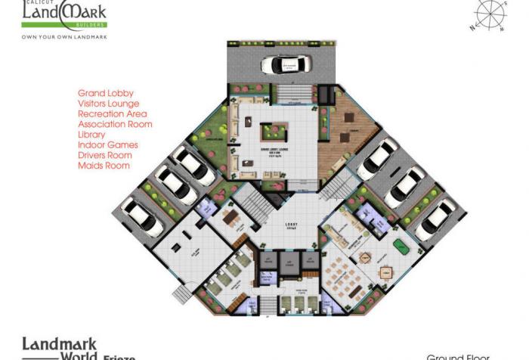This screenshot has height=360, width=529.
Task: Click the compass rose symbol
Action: tap(490, 15)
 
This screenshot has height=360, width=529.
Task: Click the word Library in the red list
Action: tap(91, 135)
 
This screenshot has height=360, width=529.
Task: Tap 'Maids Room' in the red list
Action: tap(104, 166)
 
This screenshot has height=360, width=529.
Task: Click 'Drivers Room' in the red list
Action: tap(105, 155)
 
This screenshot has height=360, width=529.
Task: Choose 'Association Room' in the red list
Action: tap(115, 124)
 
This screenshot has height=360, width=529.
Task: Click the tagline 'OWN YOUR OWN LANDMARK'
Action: tap(65, 36)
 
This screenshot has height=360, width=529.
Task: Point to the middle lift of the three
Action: tap(288, 262)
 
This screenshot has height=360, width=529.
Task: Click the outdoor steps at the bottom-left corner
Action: tap(182, 293)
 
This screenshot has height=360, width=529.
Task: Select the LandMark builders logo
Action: tap(64, 14)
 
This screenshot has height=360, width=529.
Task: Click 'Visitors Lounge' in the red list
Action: tap(109, 104)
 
